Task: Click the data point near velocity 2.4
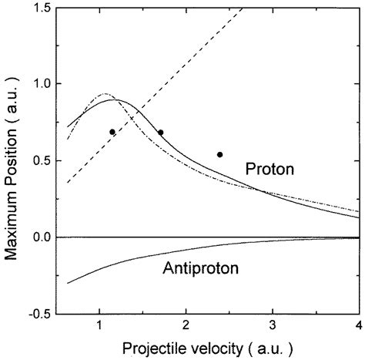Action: click(220, 154)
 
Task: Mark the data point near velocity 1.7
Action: click(160, 133)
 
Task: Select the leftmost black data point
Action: click(112, 132)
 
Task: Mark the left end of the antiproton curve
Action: click(68, 283)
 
